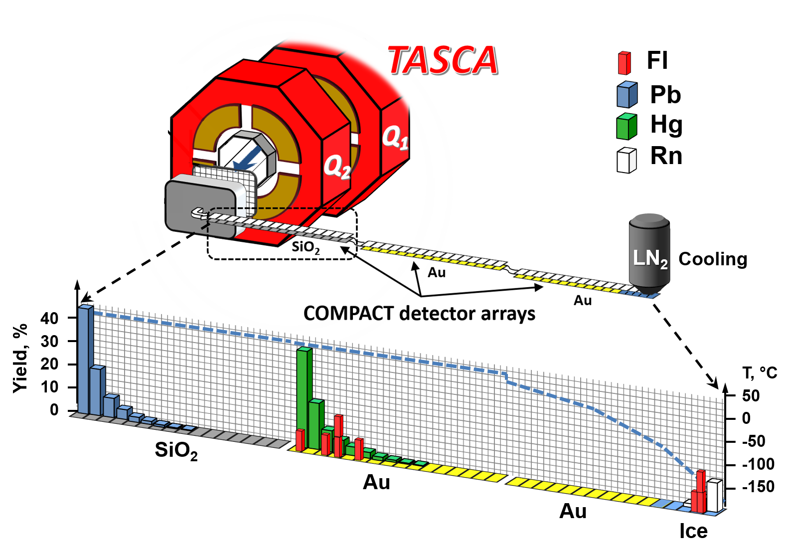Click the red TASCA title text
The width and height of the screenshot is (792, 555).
(443, 61)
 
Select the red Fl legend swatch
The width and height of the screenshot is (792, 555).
(624, 63)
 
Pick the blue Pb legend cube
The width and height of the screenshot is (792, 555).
(627, 95)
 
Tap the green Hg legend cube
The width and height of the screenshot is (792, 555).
(627, 127)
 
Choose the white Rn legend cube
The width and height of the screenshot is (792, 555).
(627, 160)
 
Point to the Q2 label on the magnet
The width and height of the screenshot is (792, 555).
(337, 166)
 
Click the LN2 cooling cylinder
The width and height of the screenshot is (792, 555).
(649, 254)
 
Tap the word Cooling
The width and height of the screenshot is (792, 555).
(713, 259)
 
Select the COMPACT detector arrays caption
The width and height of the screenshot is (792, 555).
(419, 314)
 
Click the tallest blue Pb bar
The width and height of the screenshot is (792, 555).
(85, 359)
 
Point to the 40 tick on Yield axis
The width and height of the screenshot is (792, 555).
(49, 318)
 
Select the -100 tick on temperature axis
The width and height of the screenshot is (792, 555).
(758, 464)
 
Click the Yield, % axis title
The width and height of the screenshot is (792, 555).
(20, 358)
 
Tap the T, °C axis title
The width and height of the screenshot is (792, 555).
(760, 373)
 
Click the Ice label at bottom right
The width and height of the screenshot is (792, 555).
(693, 532)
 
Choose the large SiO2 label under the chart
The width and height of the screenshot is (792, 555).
(176, 450)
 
